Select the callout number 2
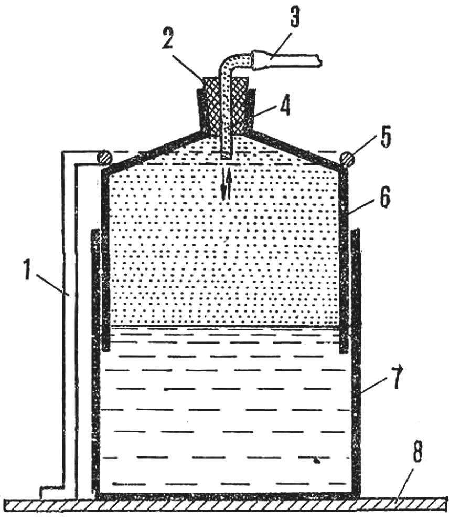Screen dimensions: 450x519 (167, 38)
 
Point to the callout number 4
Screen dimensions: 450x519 (284, 106)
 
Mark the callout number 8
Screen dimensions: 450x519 (419, 453)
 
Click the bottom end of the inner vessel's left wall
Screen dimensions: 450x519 (106, 349)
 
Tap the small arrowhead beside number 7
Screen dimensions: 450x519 (401, 367)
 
